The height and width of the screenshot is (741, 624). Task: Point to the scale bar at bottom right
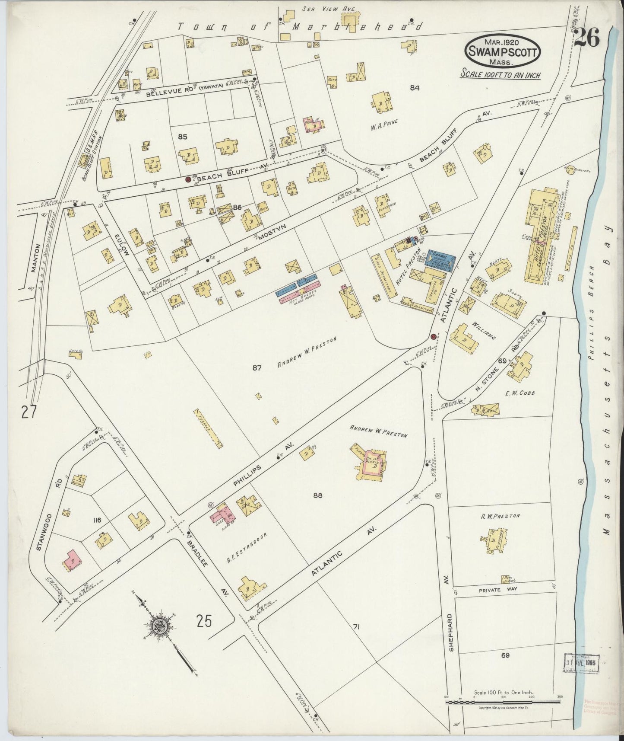coord(503,703)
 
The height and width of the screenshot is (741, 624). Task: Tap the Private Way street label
coord(498,590)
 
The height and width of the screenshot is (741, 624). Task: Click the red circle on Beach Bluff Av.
coord(188,179)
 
